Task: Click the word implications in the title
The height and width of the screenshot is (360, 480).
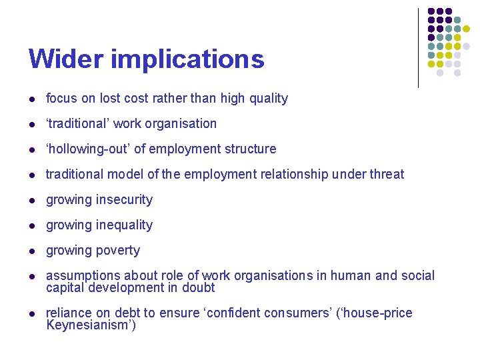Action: click(x=187, y=60)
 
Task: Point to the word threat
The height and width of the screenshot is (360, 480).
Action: click(x=385, y=175)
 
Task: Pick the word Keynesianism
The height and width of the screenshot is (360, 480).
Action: click(x=89, y=325)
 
